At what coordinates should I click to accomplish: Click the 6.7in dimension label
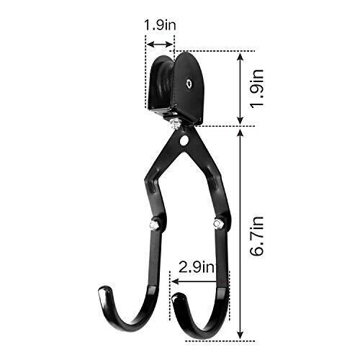click(x=257, y=235)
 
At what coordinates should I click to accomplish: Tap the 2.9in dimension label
click(x=197, y=267)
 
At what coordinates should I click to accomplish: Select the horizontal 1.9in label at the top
click(x=160, y=25)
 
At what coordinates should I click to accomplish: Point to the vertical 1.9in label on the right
click(x=257, y=89)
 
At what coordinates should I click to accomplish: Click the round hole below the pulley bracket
click(x=184, y=140)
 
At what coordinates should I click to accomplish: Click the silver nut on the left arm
click(x=153, y=225)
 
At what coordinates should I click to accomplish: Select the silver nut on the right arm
click(x=217, y=224)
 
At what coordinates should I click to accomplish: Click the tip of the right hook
click(x=178, y=296)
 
